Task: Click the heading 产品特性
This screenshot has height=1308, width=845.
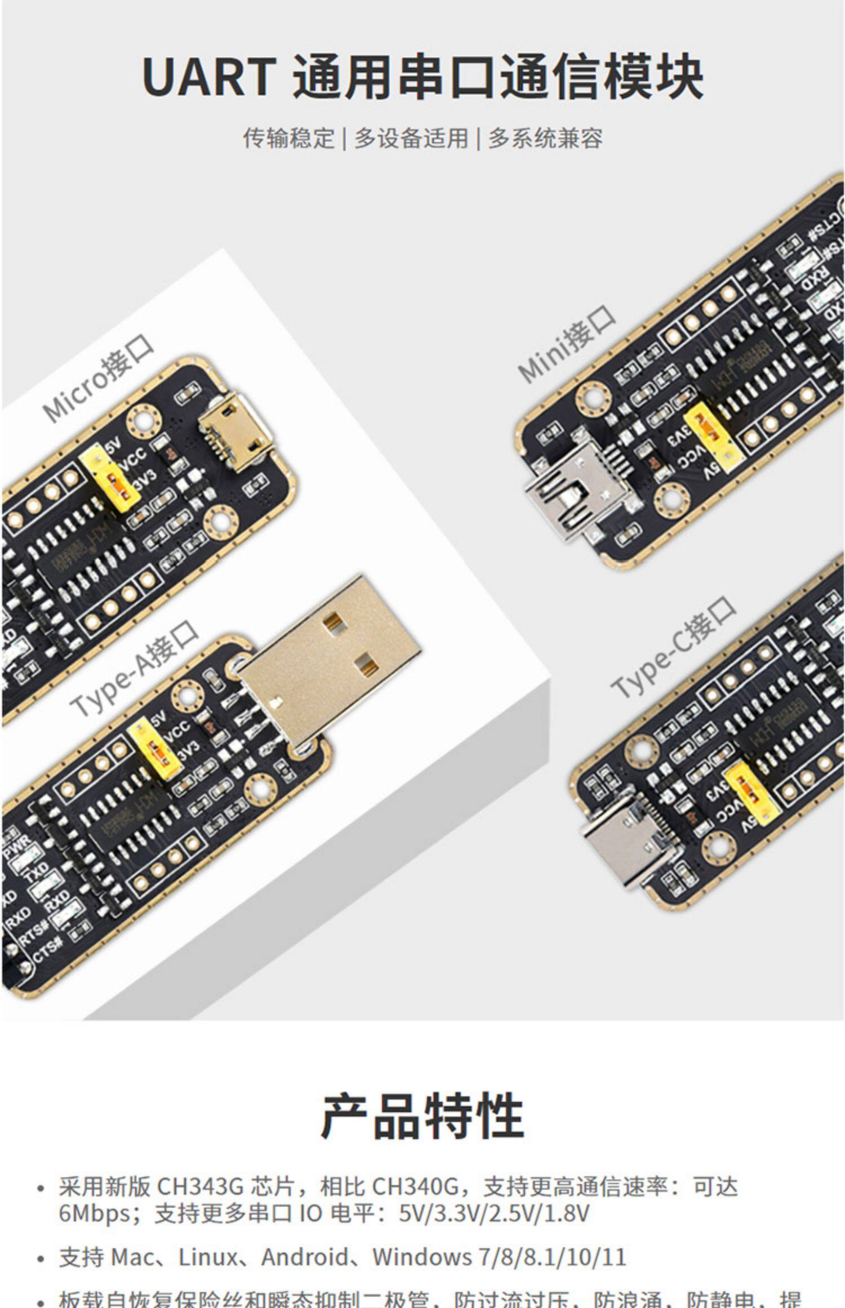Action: (x=422, y=1116)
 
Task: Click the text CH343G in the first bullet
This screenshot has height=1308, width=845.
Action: (x=199, y=1187)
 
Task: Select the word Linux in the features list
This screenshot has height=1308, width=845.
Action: (x=208, y=1257)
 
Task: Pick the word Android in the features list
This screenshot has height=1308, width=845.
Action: (x=304, y=1257)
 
